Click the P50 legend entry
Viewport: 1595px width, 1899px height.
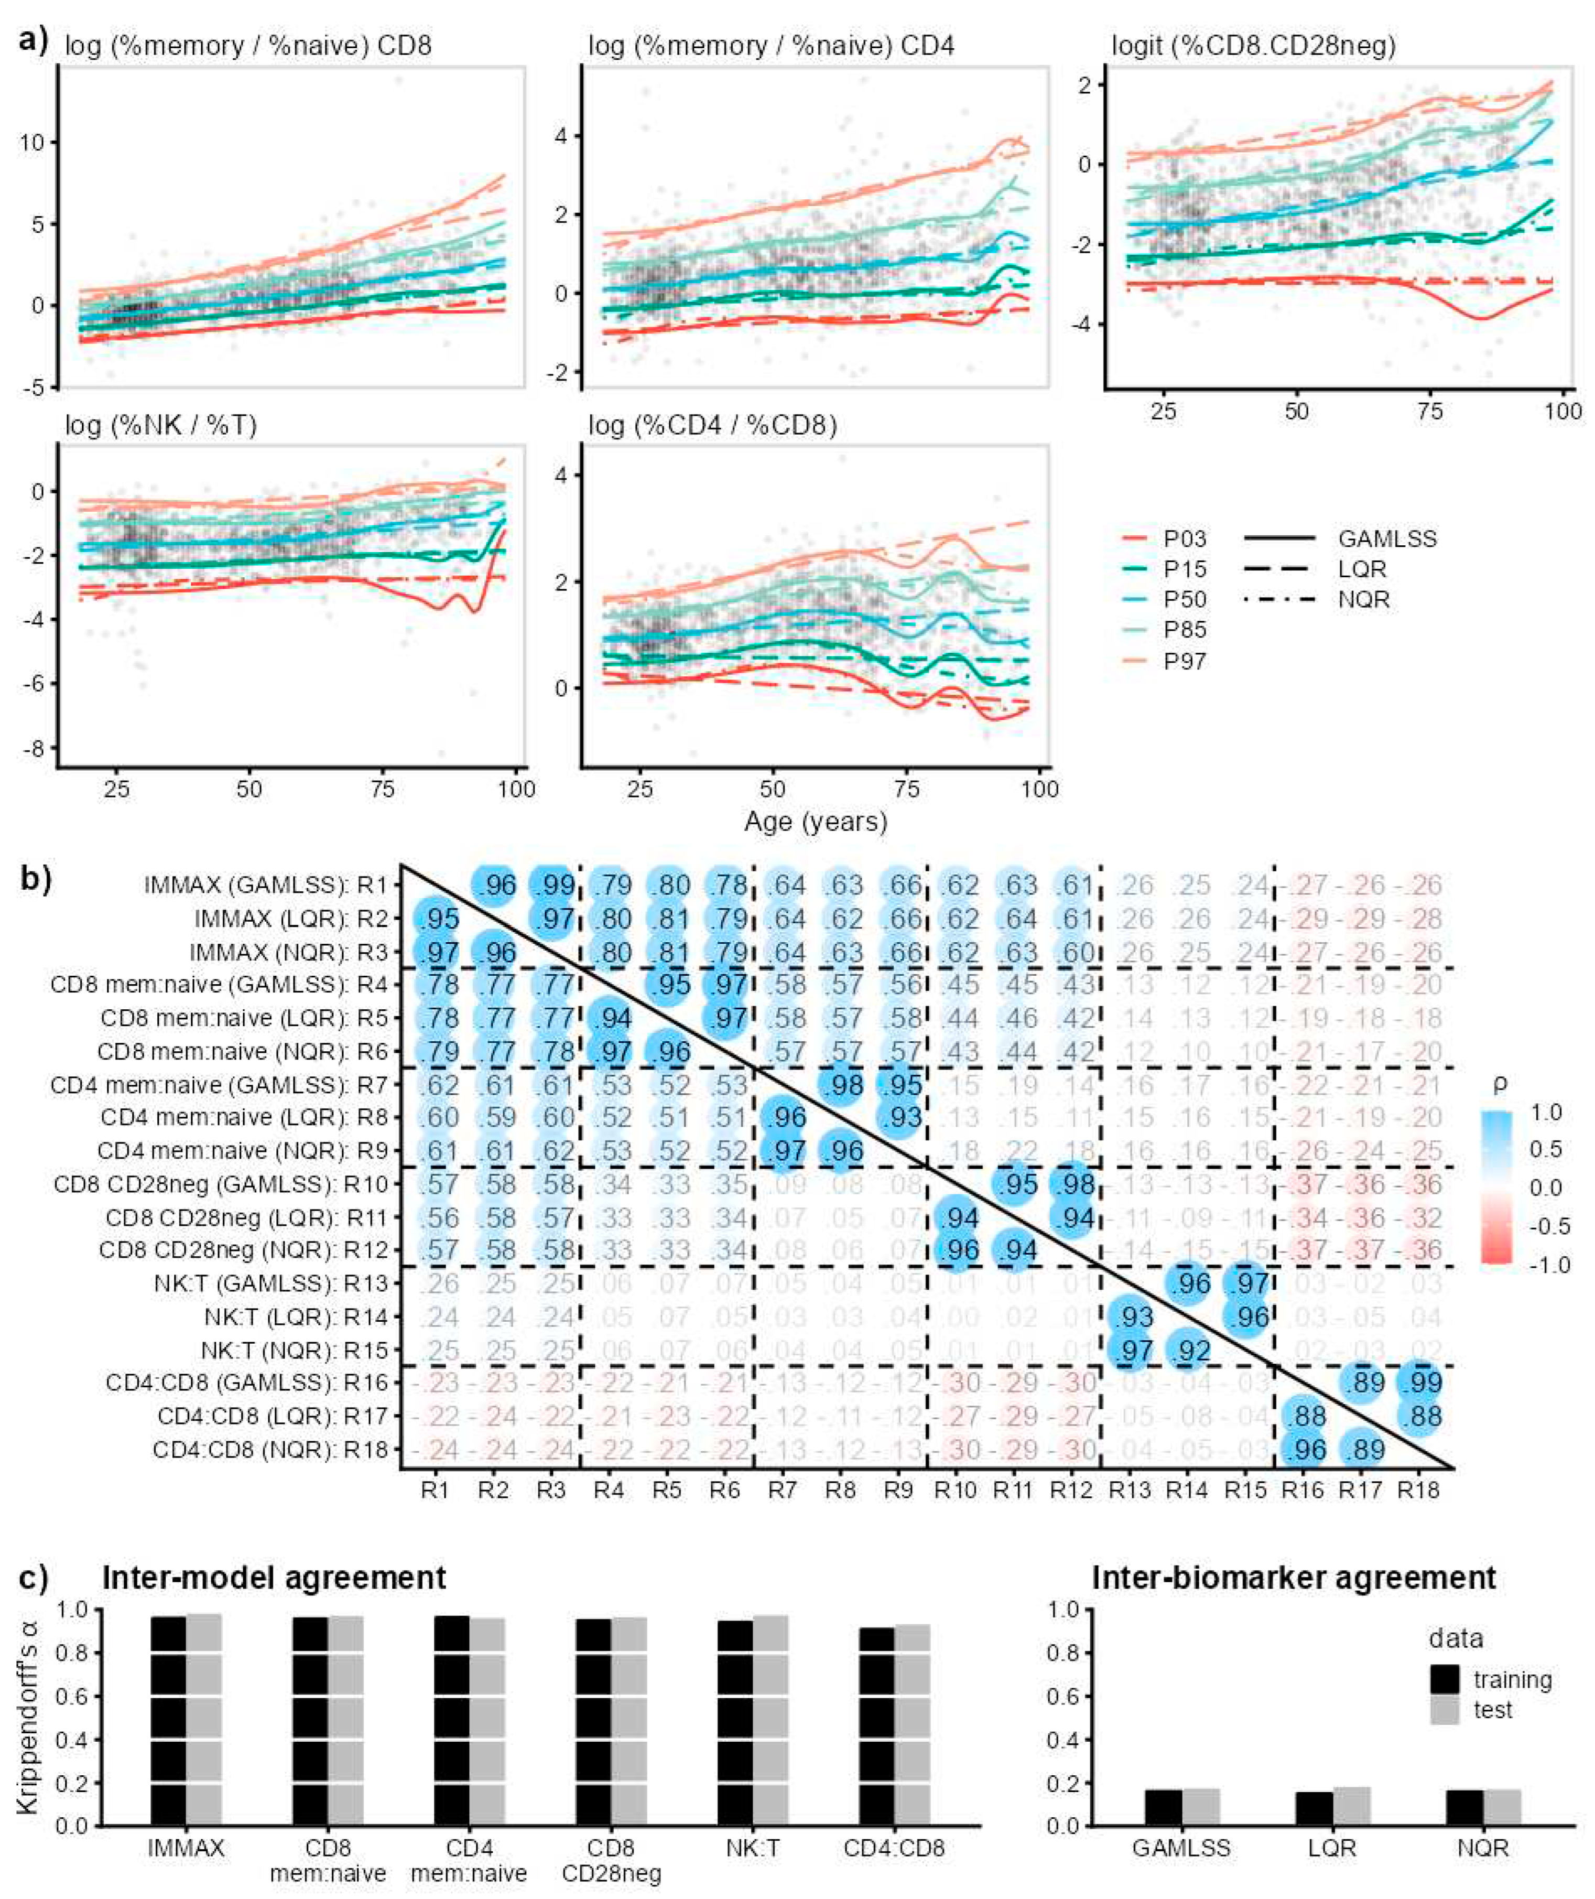point(1185,600)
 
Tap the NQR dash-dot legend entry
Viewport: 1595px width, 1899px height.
point(1363,600)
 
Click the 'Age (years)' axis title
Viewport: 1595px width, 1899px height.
point(816,821)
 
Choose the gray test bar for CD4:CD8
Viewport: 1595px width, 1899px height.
point(913,1750)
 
